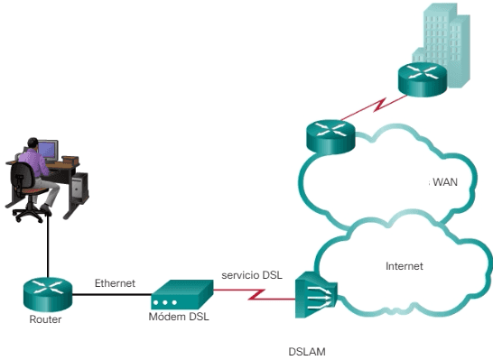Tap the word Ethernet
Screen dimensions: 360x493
tap(115, 282)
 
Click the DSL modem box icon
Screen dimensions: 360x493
tap(181, 293)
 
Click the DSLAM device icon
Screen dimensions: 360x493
tap(315, 295)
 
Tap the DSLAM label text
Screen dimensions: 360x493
tap(307, 351)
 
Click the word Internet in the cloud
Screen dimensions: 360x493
tap(404, 266)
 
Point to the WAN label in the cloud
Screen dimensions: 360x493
tap(445, 182)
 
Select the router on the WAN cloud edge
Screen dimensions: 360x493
tap(330, 136)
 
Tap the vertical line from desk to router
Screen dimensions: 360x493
tap(47, 244)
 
